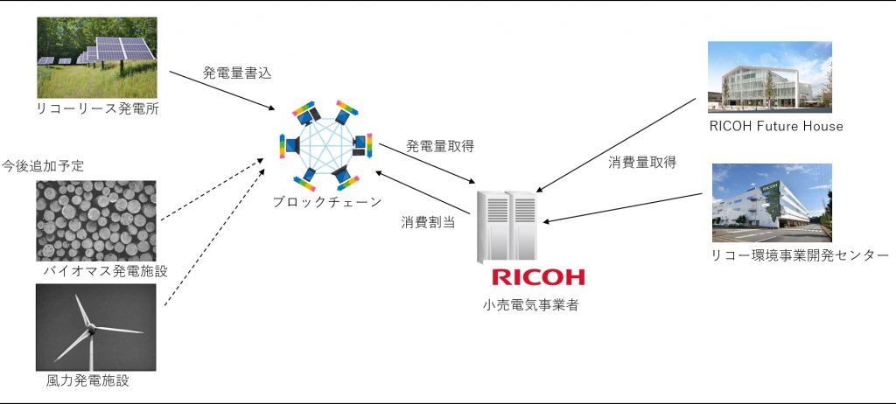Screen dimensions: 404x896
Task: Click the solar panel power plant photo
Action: [x=95, y=57]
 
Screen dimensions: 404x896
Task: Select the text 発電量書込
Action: [x=236, y=73]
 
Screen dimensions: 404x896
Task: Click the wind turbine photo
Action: [x=95, y=326]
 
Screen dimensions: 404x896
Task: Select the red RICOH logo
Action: [x=537, y=278]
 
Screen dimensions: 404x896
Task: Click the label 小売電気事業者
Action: [x=530, y=305]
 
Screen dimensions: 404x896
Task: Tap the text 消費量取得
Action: [x=642, y=163]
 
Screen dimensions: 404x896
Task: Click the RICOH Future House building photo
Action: [x=770, y=78]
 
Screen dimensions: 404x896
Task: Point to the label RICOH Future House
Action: [x=775, y=126]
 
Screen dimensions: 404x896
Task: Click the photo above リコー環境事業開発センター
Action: [x=771, y=202]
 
